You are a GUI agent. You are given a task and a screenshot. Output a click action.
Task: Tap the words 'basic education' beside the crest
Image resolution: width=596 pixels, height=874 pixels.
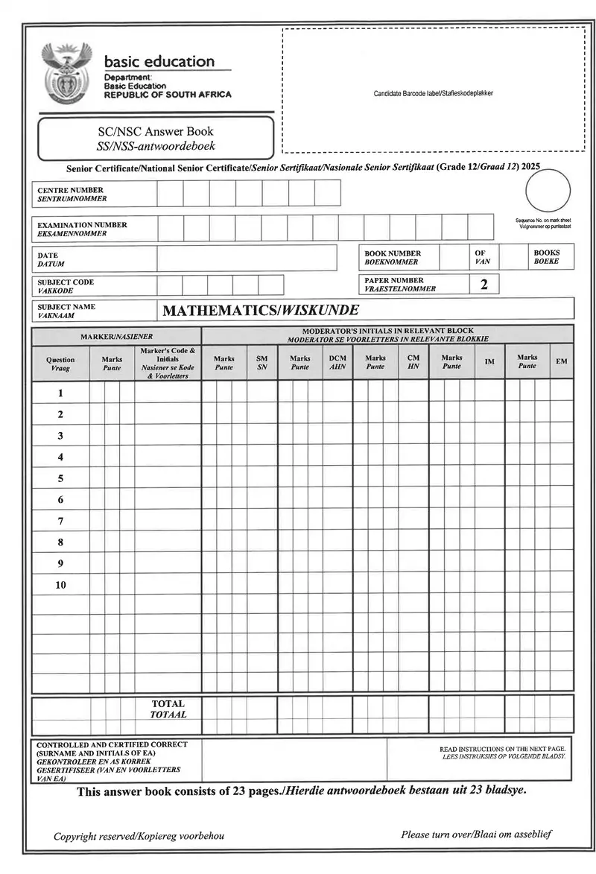click(159, 62)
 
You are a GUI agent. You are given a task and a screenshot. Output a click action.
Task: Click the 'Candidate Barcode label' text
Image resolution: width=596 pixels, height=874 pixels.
click(433, 93)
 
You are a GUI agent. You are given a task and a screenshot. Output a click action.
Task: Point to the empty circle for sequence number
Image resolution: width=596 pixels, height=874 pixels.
click(548, 191)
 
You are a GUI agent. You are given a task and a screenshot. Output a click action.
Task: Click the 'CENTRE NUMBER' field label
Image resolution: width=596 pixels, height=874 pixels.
click(71, 191)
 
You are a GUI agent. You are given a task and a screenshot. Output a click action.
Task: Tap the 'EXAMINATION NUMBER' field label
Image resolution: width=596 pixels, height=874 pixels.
click(82, 225)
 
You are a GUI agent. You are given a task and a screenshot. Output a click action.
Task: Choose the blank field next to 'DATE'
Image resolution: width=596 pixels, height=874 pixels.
click(247, 259)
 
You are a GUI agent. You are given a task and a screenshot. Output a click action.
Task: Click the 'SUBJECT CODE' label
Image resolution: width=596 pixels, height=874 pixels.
click(66, 282)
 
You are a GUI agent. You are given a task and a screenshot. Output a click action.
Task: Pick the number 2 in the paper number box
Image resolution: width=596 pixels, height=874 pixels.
click(484, 285)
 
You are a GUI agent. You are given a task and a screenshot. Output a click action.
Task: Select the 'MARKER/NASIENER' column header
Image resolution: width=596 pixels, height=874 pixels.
click(116, 336)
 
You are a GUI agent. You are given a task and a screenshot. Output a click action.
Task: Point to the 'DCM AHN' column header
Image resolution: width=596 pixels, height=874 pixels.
click(337, 362)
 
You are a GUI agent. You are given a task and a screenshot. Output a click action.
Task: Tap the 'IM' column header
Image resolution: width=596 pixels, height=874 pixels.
click(489, 362)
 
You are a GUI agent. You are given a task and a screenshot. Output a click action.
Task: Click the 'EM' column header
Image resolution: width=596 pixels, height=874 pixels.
click(561, 362)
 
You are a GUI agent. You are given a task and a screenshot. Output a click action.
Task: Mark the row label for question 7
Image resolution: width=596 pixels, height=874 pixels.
click(60, 521)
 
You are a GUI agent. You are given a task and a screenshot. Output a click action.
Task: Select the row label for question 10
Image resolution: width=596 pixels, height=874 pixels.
click(60, 585)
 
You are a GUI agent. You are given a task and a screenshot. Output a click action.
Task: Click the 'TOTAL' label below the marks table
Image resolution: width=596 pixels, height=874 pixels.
click(168, 703)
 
